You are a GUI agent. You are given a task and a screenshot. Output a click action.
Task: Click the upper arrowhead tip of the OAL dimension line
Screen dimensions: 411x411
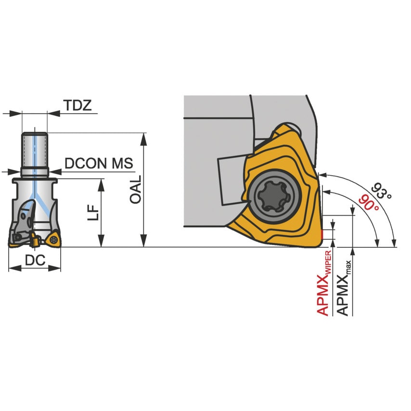coord(143,133)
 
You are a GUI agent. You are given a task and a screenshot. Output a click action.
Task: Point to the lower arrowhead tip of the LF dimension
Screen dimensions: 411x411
coord(101,247)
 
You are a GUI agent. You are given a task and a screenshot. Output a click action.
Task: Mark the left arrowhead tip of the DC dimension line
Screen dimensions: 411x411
coord(9,268)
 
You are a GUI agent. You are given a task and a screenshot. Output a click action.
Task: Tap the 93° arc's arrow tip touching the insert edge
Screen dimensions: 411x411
coord(319,174)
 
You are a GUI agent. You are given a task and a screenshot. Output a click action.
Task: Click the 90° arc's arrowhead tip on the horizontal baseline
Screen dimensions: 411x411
coord(377,247)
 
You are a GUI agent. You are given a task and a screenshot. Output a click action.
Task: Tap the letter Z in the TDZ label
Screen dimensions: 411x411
coord(87,105)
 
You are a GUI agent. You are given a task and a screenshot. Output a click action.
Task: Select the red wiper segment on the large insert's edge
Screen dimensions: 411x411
coord(322,235)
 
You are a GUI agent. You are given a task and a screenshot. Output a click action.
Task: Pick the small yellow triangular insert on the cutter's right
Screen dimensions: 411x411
coord(53,239)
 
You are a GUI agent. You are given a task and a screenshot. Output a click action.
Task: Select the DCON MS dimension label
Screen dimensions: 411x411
coord(99,163)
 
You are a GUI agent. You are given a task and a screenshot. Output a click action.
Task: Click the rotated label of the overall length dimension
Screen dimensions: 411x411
coord(136,189)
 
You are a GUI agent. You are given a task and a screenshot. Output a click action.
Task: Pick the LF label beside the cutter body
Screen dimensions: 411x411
coord(93,212)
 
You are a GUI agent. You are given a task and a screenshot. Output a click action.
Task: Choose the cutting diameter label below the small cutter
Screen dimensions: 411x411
coord(35,260)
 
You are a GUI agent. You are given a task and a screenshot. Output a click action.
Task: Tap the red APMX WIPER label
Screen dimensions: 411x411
coord(324,283)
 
